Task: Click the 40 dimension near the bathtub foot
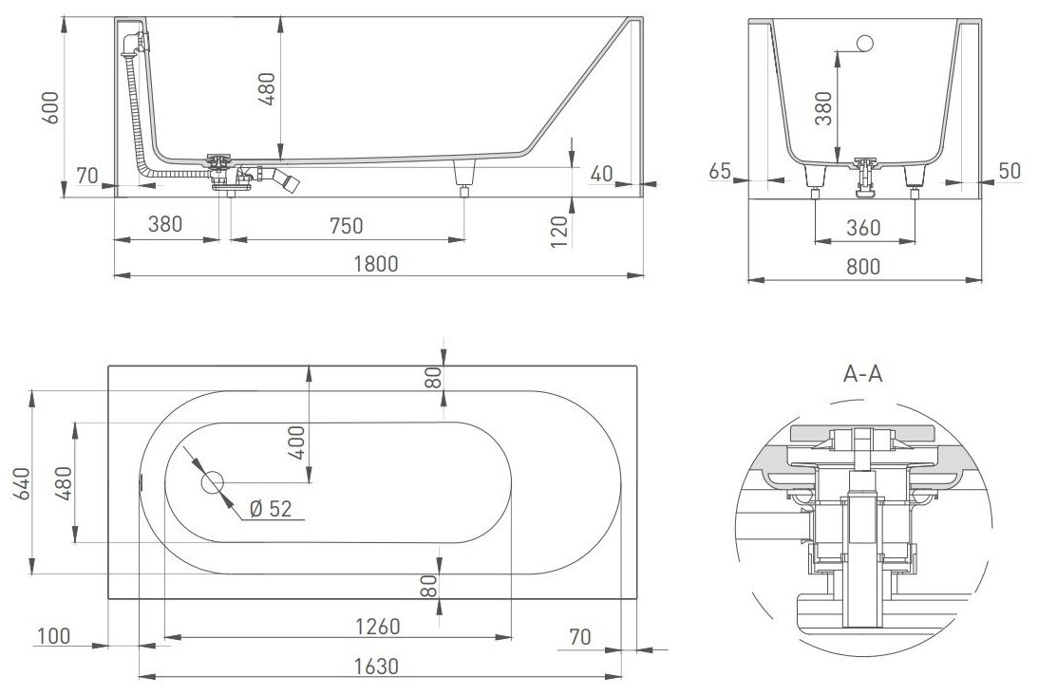[x=599, y=174]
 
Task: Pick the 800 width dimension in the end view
[x=862, y=267]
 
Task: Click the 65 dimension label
[x=719, y=171]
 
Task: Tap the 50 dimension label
[x=1010, y=171]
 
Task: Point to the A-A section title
[x=863, y=373]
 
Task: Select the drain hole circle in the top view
[x=211, y=482]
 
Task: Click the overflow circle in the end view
[x=865, y=43]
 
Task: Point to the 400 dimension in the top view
[x=295, y=443]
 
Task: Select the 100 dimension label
[x=53, y=635]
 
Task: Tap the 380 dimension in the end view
[x=822, y=109]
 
